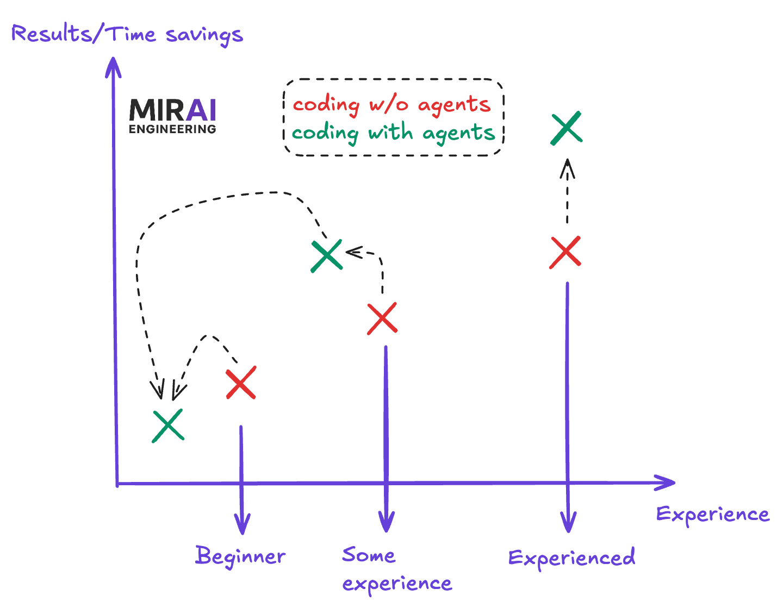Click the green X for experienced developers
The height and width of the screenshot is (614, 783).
pos(567,128)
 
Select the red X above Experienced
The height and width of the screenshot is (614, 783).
pos(565,253)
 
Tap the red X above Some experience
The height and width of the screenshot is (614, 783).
pos(382,318)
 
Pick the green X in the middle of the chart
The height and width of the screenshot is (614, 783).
pos(327,255)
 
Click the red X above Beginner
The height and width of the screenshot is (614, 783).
pos(241,383)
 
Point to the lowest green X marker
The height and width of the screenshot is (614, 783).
pos(168,425)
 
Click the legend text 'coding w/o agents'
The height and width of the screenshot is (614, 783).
pos(391,104)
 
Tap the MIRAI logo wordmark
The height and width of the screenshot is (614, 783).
pos(173,110)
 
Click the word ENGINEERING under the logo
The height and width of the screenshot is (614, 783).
pos(172,129)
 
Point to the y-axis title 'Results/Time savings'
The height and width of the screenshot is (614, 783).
pos(127,35)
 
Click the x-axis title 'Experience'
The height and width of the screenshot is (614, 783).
pos(713,514)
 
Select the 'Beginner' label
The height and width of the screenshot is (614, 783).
pos(240,556)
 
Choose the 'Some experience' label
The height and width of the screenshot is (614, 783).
pos(396,569)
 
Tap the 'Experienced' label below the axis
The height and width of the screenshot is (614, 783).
pos(571,558)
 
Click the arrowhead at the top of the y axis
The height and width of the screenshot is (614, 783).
pos(113,65)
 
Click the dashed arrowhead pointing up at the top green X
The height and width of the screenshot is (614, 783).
pos(568,166)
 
